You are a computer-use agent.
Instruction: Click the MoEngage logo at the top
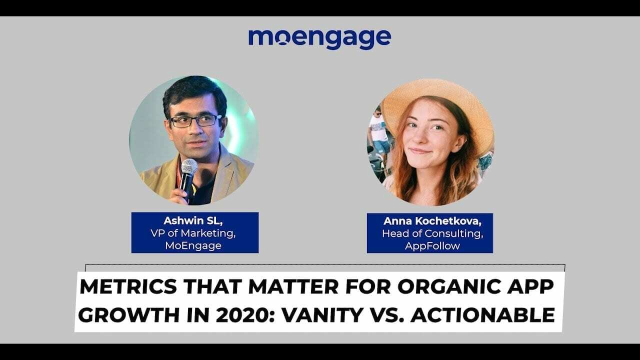(x=319, y=38)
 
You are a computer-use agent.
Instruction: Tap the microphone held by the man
(x=188, y=170)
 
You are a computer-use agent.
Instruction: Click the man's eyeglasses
(x=195, y=120)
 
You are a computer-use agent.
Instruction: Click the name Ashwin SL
(x=194, y=221)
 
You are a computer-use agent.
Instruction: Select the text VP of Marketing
(x=194, y=232)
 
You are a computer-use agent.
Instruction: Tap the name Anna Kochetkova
(x=429, y=221)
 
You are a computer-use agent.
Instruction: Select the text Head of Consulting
(x=429, y=233)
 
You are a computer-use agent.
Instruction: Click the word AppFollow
(x=429, y=245)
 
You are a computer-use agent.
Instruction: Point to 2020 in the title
(x=229, y=315)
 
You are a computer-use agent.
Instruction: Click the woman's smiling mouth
(x=420, y=150)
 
